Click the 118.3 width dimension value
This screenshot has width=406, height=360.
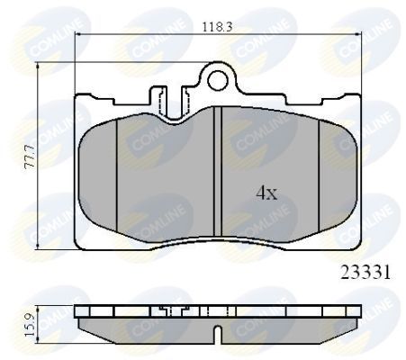pyautogui.click(x=218, y=27)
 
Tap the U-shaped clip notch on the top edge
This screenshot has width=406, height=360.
pyautogui.click(x=167, y=97)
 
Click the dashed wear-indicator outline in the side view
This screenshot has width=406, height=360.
pyautogui.click(x=166, y=313)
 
